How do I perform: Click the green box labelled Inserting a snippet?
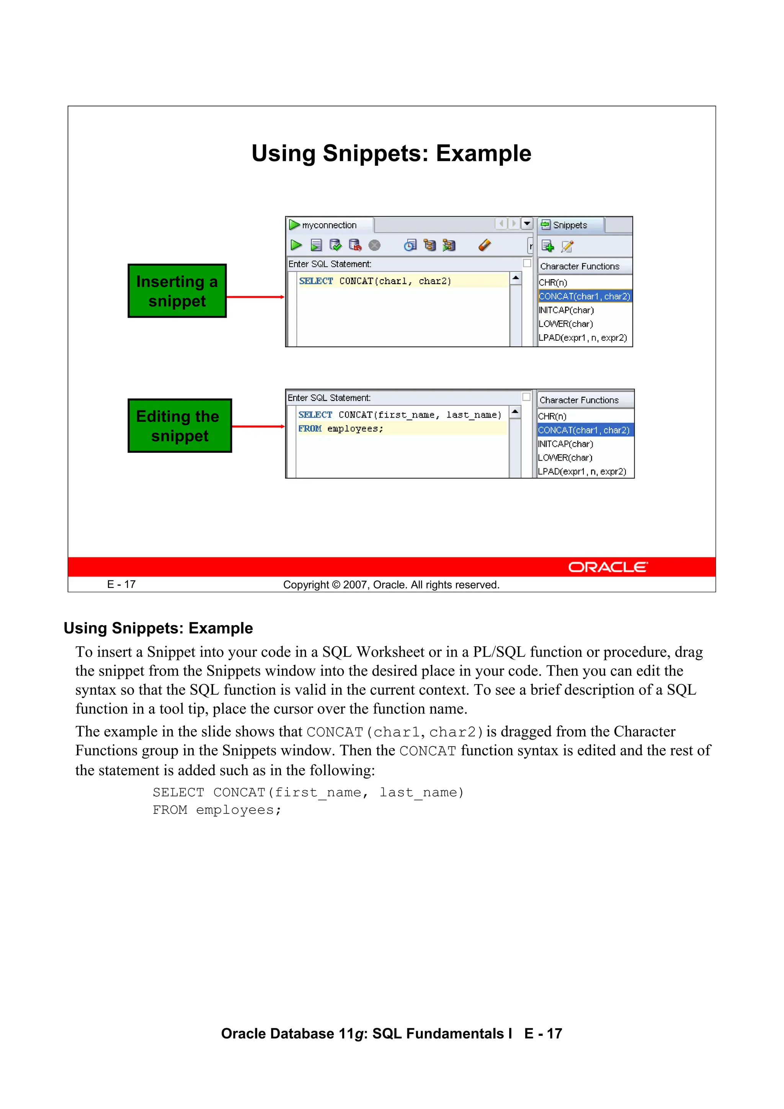click(177, 291)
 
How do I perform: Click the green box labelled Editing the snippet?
click(179, 426)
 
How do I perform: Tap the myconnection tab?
click(328, 225)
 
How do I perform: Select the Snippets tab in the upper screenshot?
click(570, 225)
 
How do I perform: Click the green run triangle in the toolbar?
click(296, 245)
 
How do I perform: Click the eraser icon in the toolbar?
click(485, 245)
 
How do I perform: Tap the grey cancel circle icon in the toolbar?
click(374, 245)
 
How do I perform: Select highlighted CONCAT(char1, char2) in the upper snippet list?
click(584, 296)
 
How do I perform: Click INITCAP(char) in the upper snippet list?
click(566, 310)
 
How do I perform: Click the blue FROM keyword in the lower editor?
click(310, 428)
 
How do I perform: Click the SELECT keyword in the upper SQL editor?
click(316, 281)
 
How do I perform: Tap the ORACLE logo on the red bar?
click(608, 567)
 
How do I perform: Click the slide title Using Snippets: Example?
click(391, 154)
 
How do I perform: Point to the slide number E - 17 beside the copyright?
click(121, 585)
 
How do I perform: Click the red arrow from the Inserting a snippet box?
click(255, 297)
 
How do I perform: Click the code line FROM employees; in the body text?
click(217, 810)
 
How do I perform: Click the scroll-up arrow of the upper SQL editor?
click(515, 278)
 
